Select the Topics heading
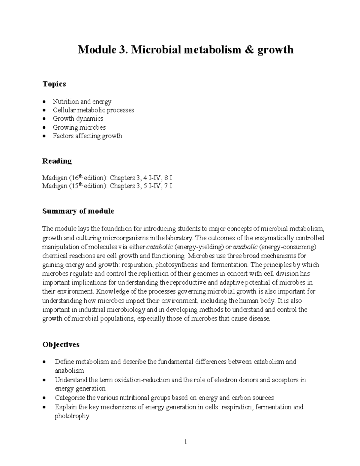click(54, 84)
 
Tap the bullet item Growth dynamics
click(78, 119)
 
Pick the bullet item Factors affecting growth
click(87, 136)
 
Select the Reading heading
click(57, 161)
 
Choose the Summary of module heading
click(78, 211)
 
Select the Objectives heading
click(61, 344)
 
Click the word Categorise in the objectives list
click(70, 398)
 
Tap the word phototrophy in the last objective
click(72, 416)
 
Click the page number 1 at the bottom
click(186, 441)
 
